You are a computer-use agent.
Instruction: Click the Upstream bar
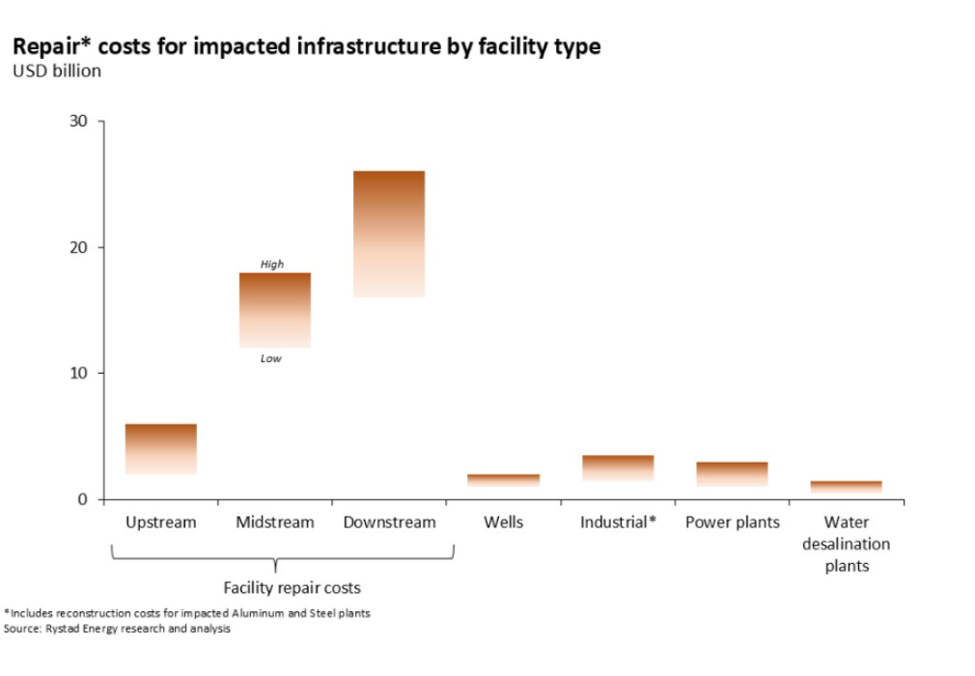point(161,449)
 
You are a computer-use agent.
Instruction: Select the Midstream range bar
point(275,310)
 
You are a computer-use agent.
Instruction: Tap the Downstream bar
point(389,234)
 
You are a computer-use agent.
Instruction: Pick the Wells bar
point(503,479)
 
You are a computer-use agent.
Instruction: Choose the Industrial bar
point(618,467)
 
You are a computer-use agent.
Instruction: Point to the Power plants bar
point(732,473)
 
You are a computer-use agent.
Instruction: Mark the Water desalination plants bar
point(846,487)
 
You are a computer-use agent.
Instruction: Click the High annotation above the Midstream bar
point(272,264)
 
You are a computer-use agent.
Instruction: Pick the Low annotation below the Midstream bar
point(271,358)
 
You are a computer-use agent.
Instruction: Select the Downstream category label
point(389,522)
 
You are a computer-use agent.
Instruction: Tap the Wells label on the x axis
point(503,522)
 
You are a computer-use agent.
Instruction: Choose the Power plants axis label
point(732,522)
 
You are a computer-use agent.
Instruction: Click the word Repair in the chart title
point(42,46)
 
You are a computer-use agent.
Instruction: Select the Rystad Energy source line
point(117,629)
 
